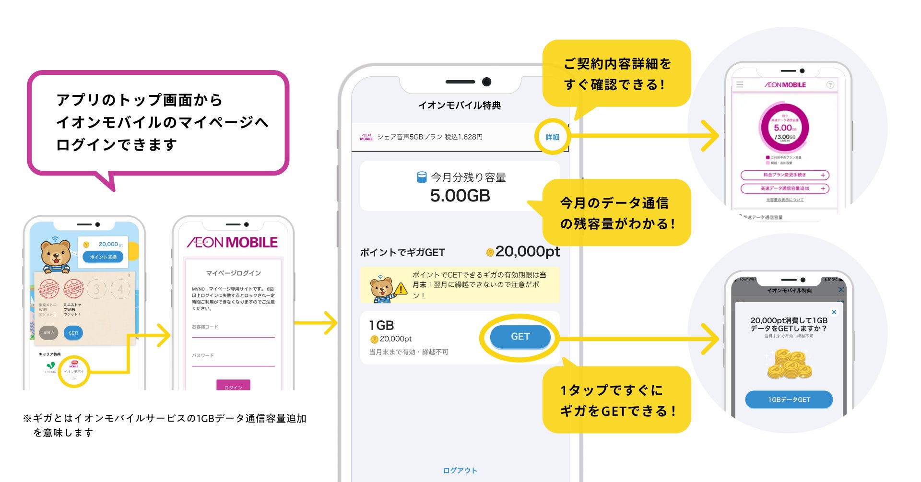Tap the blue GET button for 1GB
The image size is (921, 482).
tap(520, 337)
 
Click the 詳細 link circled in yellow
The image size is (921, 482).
tap(552, 137)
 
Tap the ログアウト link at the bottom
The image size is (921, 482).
tap(460, 470)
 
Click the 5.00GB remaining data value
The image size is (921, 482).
tap(460, 196)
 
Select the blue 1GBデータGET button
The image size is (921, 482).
tap(789, 400)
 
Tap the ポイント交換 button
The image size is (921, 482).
tap(103, 257)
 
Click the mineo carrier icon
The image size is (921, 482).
tap(51, 367)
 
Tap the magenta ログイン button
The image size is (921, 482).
tap(233, 386)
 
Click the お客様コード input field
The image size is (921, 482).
tap(233, 332)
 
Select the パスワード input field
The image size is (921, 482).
tap(233, 361)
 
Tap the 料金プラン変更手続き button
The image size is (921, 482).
tap(785, 175)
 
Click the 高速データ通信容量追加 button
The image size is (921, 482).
tap(785, 188)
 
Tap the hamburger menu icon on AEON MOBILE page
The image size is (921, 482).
tap(740, 84)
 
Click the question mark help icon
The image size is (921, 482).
tap(830, 85)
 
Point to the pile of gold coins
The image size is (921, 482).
tap(790, 364)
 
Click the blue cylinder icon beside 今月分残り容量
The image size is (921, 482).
tap(422, 177)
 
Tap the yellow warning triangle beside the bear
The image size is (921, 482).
tap(401, 289)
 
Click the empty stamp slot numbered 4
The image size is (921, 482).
tap(120, 289)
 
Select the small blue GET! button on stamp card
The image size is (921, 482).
tap(73, 333)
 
